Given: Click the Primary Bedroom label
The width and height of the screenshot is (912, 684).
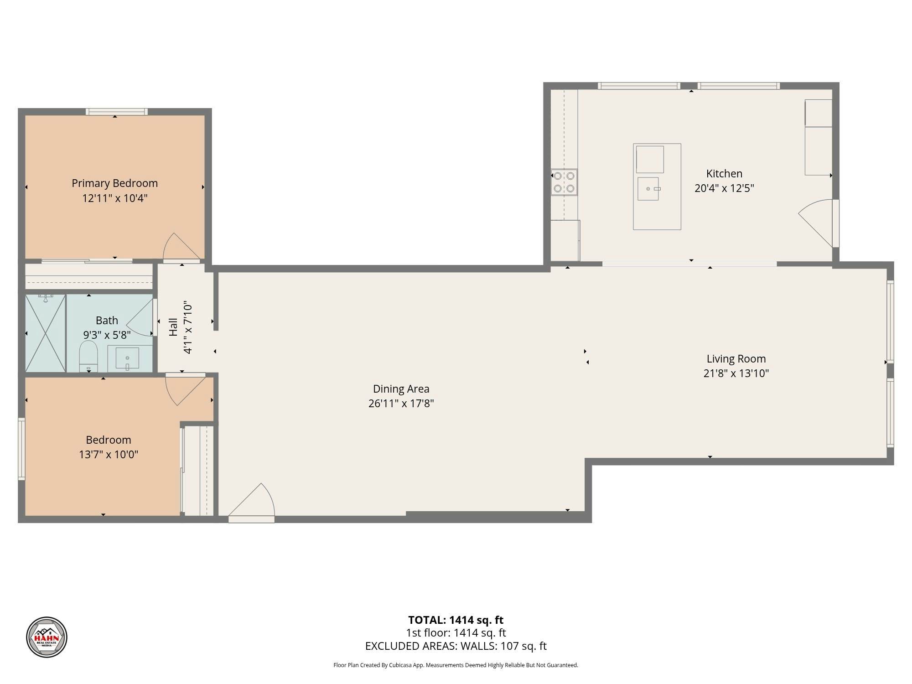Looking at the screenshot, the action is point(114,183).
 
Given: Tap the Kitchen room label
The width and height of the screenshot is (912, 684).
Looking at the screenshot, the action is point(724,174).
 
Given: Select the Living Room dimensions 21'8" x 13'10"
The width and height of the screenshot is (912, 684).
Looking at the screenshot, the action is point(736,373).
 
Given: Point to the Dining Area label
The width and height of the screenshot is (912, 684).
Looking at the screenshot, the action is point(401,389).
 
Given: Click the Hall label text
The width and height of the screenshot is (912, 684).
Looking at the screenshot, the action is point(173,327).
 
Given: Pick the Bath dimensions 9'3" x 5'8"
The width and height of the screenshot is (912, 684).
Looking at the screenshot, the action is point(107,335).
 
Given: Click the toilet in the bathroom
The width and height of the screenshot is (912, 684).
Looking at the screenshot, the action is point(88,356).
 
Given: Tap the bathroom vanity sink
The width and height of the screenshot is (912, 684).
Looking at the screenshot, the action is point(127,358).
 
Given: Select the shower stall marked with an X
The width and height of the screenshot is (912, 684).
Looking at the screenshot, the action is point(46,333).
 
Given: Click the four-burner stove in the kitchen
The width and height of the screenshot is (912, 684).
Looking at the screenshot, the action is point(564,182).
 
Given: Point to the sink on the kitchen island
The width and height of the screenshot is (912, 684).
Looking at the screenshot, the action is point(648,189).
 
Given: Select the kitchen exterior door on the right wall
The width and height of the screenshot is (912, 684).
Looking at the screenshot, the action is point(819,223).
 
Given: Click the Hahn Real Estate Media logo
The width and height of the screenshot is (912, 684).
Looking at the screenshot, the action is point(47,637).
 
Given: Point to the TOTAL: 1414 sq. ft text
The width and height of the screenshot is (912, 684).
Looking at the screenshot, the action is point(456,620).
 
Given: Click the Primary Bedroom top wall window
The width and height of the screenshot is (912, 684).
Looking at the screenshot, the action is point(117,112).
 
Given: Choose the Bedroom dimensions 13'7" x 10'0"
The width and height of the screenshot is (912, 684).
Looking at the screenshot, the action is point(109,455).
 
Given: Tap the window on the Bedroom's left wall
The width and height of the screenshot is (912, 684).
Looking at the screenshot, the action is point(21,449).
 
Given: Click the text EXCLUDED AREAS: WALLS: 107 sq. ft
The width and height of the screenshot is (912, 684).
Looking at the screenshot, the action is point(456,646).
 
